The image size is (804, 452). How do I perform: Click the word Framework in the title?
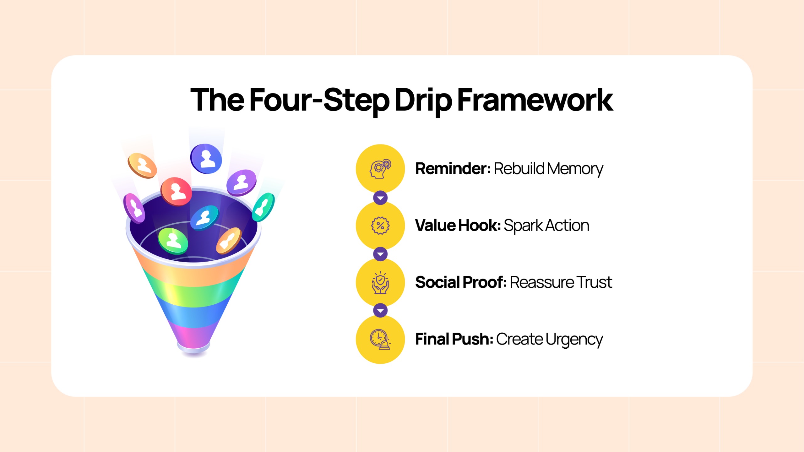(x=535, y=100)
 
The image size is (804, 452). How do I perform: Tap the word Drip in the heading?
(x=423, y=101)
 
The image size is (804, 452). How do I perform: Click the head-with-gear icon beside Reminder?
(x=380, y=169)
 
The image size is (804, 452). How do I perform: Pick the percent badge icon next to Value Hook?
(x=380, y=226)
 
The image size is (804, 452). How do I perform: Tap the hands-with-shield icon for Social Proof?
(x=380, y=282)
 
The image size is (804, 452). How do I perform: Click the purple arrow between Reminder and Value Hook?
(x=380, y=198)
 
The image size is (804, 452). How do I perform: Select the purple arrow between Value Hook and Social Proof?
(x=380, y=254)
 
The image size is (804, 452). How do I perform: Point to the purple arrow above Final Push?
(x=380, y=311)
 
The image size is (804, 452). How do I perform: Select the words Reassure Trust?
(x=561, y=282)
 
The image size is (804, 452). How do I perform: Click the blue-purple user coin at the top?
(x=206, y=159)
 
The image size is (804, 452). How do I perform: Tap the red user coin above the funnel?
(x=176, y=191)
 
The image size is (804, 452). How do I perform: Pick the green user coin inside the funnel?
(x=173, y=241)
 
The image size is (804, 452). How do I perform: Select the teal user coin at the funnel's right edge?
(x=263, y=207)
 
